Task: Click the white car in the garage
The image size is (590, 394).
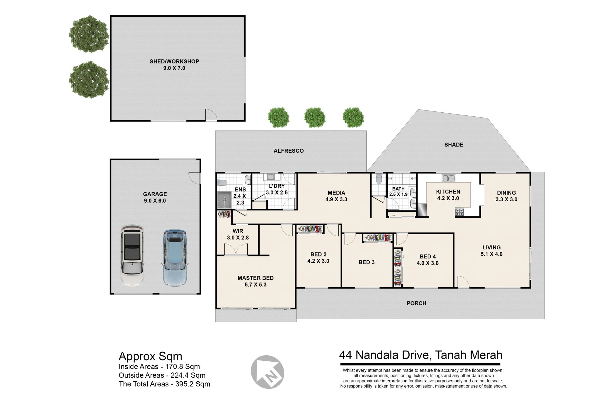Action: pos(132,255)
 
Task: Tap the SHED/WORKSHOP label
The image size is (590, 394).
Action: pos(174,61)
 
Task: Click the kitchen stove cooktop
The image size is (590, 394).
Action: pos(460,212)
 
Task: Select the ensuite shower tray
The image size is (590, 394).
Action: pos(224,199)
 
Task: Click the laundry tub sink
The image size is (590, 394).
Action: pos(271,177)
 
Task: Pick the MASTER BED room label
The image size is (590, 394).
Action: pos(255,278)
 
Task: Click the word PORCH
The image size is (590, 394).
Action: pos(416,303)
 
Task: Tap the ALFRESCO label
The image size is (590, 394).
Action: pos(289,151)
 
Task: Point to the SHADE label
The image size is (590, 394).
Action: pos(454,145)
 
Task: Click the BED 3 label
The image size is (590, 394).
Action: pos(367,262)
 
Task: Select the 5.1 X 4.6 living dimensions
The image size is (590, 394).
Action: pos(492,254)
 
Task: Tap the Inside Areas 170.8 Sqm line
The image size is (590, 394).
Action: pos(159,367)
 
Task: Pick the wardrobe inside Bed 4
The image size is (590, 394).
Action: pos(398,268)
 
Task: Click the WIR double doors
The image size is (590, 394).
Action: pos(236,249)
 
